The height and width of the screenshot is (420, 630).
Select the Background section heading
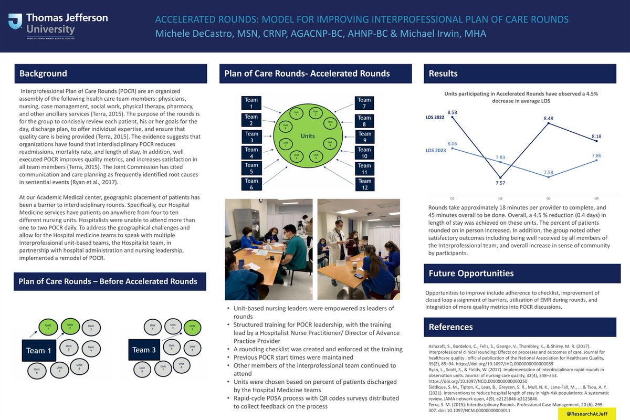43,73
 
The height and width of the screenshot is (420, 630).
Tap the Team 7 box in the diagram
364,103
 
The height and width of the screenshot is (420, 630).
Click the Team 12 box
364,184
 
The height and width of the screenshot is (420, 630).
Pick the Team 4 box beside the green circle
251,153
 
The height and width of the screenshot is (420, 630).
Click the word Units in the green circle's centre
308,136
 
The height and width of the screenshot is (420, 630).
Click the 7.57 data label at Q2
500,182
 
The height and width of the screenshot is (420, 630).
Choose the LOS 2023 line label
435,150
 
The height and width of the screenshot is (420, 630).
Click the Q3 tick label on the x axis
549,198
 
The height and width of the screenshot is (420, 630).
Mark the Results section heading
443,73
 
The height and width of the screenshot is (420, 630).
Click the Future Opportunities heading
471,273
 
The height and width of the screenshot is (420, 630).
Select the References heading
450,327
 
